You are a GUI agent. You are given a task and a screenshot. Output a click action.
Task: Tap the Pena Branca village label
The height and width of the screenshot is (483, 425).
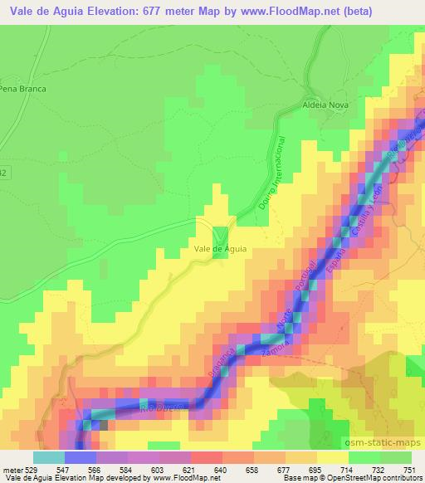coord(22,88)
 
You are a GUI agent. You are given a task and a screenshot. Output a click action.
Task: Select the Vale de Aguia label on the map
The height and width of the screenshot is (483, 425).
coord(220,247)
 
